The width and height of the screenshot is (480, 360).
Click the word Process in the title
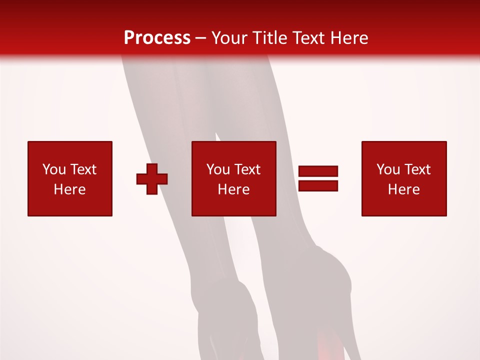click(x=157, y=38)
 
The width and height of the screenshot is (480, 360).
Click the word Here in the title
click(x=350, y=38)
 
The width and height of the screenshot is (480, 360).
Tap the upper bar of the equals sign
click(x=318, y=171)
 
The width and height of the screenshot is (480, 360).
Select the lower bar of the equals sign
click(x=318, y=186)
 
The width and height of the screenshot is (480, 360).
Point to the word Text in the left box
click(x=83, y=169)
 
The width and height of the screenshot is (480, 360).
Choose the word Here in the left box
click(x=69, y=189)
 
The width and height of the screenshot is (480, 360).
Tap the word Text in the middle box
click(x=247, y=169)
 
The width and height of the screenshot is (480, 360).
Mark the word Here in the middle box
click(x=233, y=189)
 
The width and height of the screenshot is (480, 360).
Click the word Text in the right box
click(x=417, y=169)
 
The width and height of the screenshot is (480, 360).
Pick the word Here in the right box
click(x=403, y=189)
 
